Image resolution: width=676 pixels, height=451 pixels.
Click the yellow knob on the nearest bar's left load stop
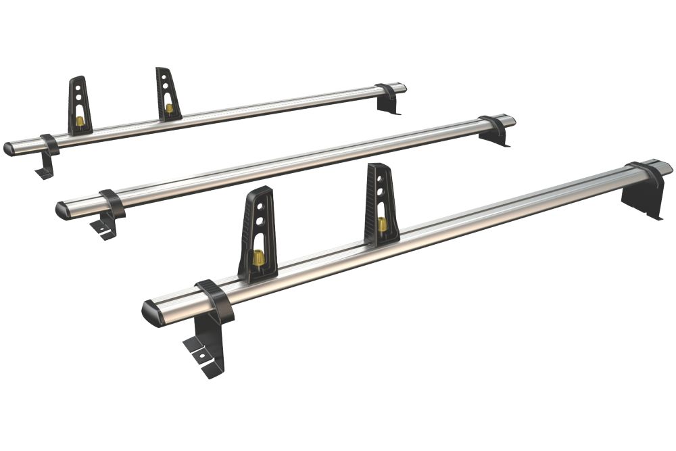pyautogui.click(x=258, y=258)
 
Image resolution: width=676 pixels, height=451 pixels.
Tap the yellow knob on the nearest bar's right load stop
pyautogui.click(x=382, y=223)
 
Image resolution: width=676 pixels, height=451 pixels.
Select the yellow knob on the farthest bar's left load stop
pyautogui.click(x=80, y=121)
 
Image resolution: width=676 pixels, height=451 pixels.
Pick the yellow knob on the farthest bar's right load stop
pyautogui.click(x=168, y=108)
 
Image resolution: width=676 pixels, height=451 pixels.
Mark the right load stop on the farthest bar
pyautogui.click(x=167, y=94)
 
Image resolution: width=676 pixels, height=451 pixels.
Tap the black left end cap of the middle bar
pyautogui.click(x=63, y=210)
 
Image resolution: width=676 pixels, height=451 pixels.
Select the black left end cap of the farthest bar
pyautogui.click(x=9, y=149)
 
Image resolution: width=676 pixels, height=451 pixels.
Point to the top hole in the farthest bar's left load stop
pyautogui.click(x=79, y=87)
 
